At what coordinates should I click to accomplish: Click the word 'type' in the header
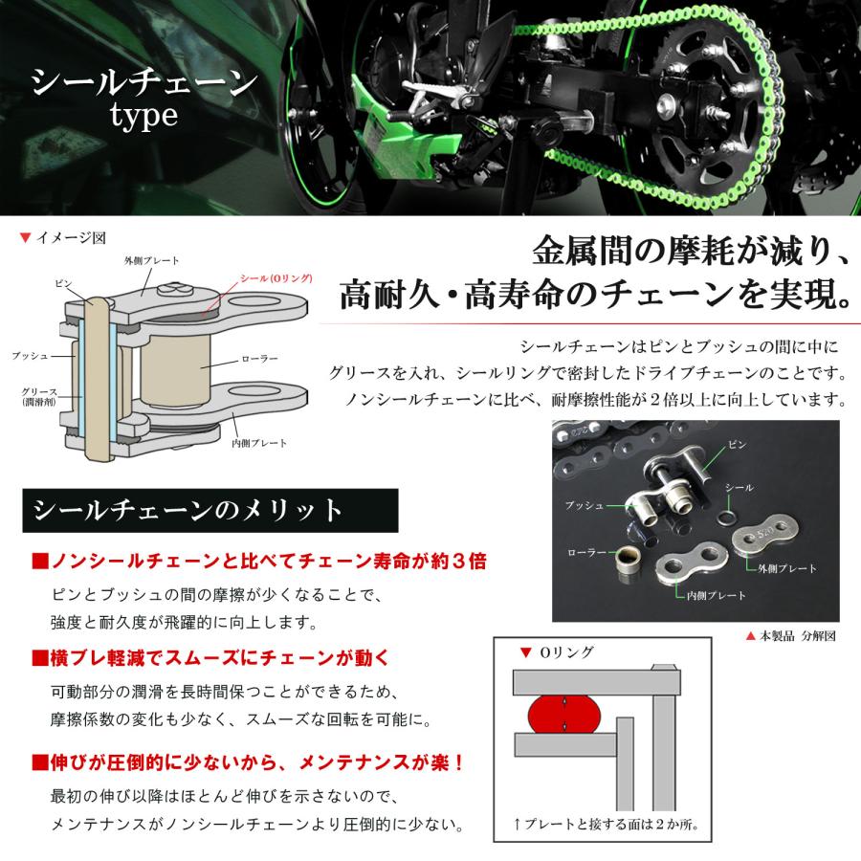pos(143,118)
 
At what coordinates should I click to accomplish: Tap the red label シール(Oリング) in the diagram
pos(276,278)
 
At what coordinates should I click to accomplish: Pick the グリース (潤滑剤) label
pos(40,398)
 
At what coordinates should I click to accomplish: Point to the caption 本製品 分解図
pos(793,635)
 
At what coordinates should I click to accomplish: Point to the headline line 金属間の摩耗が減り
pos(687,254)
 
